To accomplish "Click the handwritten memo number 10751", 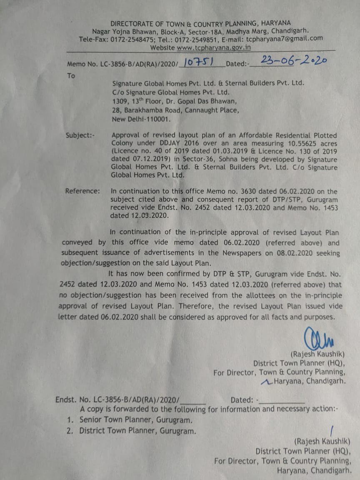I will tap(198, 62).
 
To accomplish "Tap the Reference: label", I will tap(82, 191).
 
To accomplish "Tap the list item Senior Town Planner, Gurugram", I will tap(136, 420).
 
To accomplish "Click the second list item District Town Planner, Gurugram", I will tap(137, 431).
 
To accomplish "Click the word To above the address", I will tap(71, 76).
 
